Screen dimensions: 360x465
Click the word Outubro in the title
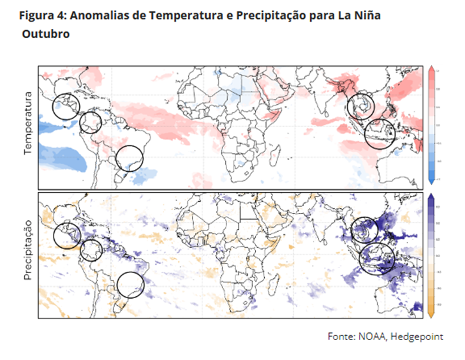click(x=46, y=35)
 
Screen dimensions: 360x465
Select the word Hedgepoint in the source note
click(x=416, y=336)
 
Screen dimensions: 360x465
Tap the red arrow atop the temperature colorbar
click(x=431, y=69)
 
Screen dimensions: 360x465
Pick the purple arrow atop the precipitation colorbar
click(x=431, y=197)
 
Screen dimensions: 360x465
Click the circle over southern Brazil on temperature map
click(x=129, y=158)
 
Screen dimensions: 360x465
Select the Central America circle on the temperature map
click(x=65, y=106)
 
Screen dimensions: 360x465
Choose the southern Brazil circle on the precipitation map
click(x=130, y=285)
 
